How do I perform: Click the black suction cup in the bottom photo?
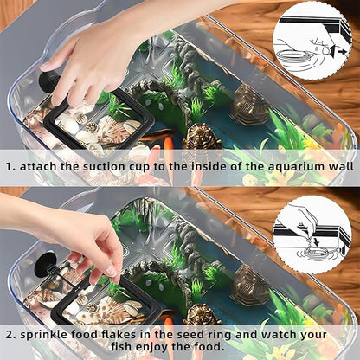(x=46, y=260)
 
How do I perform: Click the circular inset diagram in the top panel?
(x=312, y=40)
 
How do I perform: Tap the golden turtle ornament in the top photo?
(x=201, y=138)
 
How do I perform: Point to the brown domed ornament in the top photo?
(x=249, y=104)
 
